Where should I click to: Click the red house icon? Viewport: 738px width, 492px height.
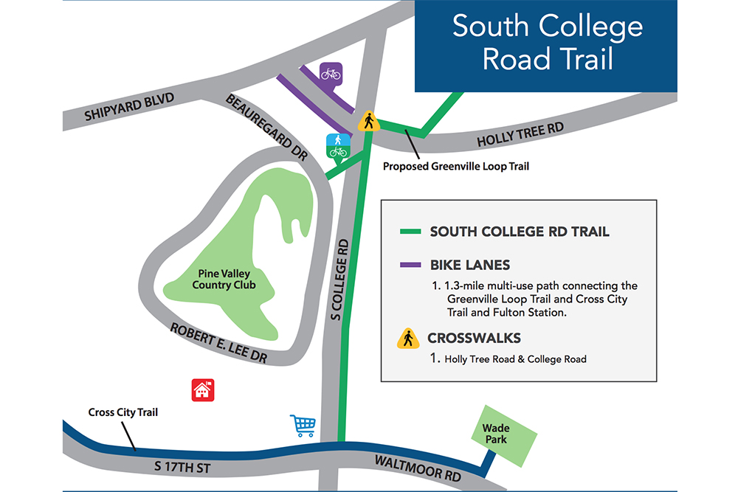click(x=202, y=389)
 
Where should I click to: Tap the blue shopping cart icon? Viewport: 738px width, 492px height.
click(x=303, y=426)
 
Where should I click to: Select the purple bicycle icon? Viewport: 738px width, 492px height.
click(x=331, y=73)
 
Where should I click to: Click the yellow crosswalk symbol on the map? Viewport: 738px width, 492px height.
click(x=368, y=121)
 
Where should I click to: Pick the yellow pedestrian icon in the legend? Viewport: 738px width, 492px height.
click(x=407, y=339)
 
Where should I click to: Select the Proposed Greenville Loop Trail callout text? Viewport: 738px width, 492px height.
click(x=455, y=167)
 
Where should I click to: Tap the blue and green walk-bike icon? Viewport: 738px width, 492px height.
click(x=338, y=146)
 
